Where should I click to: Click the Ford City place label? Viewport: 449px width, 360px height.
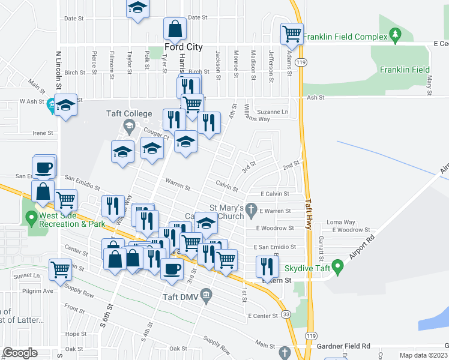point(183,47)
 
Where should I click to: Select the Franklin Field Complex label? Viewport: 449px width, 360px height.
point(345,37)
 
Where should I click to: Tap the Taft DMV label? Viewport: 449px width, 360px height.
point(180,296)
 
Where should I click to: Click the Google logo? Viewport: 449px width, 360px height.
point(20,353)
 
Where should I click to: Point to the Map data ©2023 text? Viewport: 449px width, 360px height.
point(423,355)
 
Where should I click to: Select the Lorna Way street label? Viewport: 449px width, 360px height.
point(340,222)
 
